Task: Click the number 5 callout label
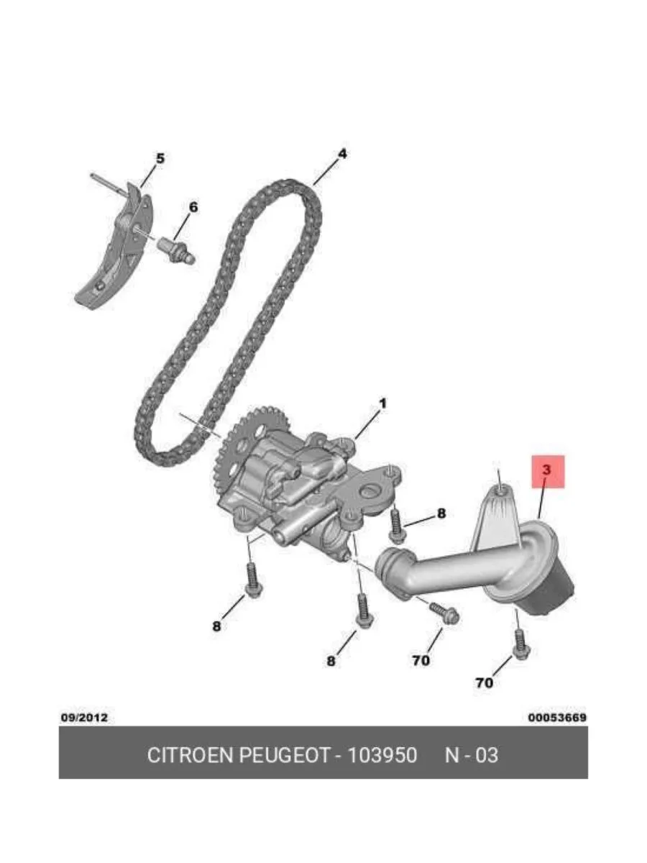click(x=160, y=159)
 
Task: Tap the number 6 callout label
click(x=193, y=207)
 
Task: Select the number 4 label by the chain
click(x=342, y=154)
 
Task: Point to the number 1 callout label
click(x=382, y=403)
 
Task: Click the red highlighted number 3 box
click(x=548, y=472)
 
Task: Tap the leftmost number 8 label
click(x=216, y=626)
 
